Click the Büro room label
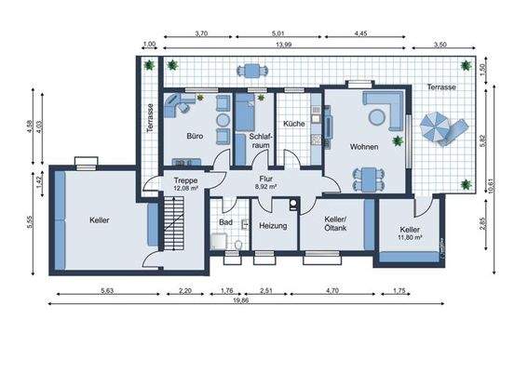coord(195,136)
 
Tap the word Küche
coord(294,124)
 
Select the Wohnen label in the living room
coord(363,147)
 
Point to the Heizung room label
coord(273,226)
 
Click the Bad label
coord(225,222)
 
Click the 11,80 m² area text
coord(411,238)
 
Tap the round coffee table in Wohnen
coord(377,116)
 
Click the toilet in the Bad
coord(238,244)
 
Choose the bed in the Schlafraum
coord(242,118)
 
